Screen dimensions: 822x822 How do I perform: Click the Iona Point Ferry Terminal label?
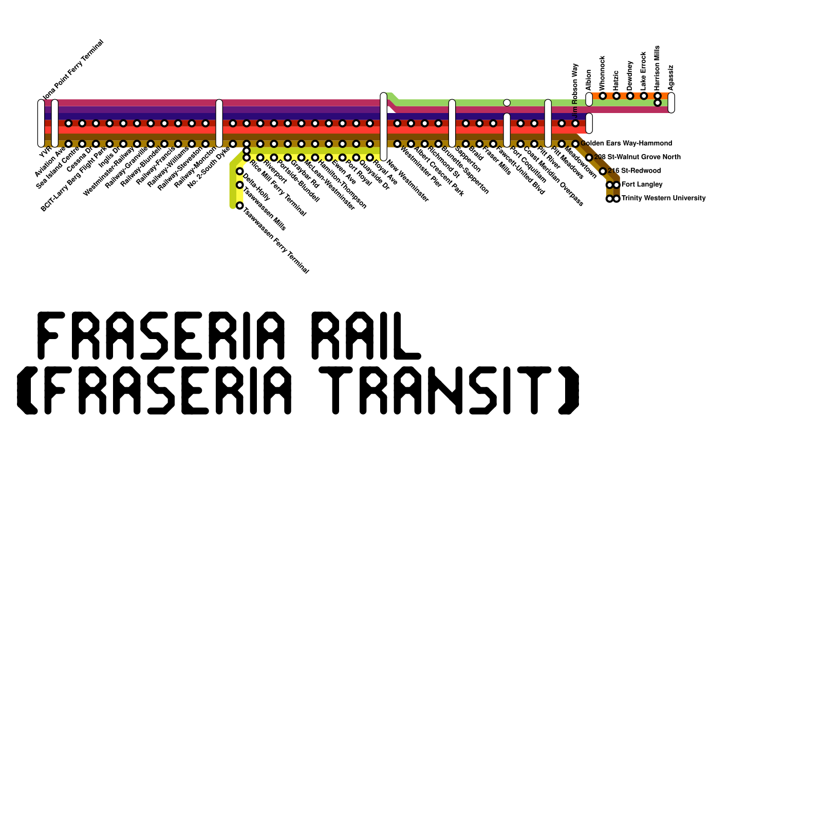73,70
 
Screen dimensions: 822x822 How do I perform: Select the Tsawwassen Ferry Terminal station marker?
239,206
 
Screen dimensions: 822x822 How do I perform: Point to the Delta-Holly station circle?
239,171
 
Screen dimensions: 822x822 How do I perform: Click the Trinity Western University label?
663,198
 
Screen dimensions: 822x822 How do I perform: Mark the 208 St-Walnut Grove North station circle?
589,157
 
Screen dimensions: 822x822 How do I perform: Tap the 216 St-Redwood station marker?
603,171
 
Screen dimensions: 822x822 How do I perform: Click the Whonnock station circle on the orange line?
603,96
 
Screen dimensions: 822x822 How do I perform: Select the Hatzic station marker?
616,96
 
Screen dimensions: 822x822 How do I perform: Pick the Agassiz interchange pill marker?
671,103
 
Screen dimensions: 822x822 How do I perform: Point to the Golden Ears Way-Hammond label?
626,143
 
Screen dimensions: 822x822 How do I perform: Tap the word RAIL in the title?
367,335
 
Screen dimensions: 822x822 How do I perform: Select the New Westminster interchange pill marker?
383,126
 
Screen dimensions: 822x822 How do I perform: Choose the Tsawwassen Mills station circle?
239,185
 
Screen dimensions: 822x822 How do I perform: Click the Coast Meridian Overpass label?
553,177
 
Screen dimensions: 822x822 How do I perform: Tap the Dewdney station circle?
630,96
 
